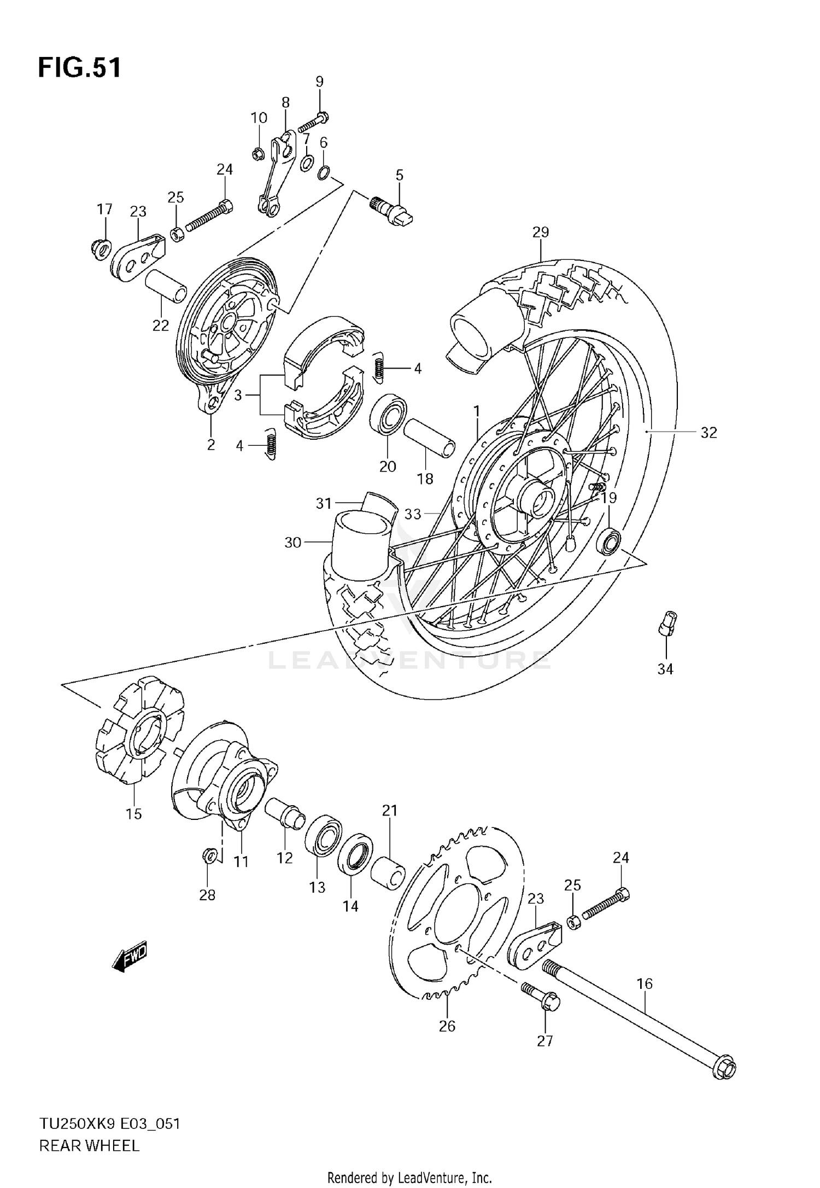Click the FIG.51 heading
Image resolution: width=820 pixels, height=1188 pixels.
pyautogui.click(x=79, y=68)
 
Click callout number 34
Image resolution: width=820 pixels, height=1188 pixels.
pyautogui.click(x=665, y=668)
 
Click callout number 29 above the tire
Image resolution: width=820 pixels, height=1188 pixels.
pyautogui.click(x=540, y=232)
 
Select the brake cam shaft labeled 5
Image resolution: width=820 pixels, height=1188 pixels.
pyautogui.click(x=392, y=208)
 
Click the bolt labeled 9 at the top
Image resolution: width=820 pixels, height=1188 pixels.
pyautogui.click(x=312, y=124)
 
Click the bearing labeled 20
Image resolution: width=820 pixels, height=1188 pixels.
pyautogui.click(x=388, y=414)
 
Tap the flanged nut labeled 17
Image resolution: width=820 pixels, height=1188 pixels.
pyautogui.click(x=99, y=249)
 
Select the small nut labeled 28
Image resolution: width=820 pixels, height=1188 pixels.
pyautogui.click(x=208, y=855)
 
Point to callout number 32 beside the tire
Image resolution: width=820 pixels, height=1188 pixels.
pyautogui.click(x=708, y=433)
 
